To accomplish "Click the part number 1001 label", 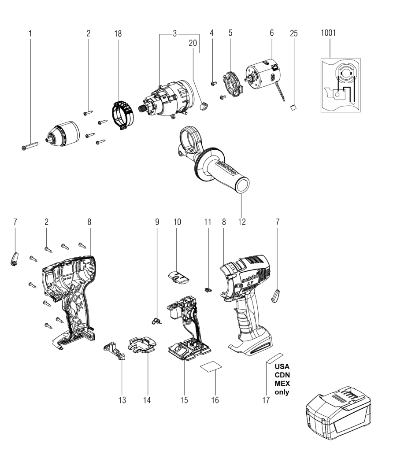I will point(329,33).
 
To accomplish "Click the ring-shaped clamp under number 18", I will point(121,115).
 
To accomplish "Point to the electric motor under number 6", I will point(261,75).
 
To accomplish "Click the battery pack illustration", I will point(338,412).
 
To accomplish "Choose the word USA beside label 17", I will point(282,366).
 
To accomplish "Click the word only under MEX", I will point(282,392).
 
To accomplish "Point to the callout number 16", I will point(215,400).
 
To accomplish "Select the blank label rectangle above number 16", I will point(211,367).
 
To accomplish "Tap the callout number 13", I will point(122,400).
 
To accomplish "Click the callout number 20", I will point(193,44).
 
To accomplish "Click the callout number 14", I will point(147,400).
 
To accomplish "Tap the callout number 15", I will point(184,400).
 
